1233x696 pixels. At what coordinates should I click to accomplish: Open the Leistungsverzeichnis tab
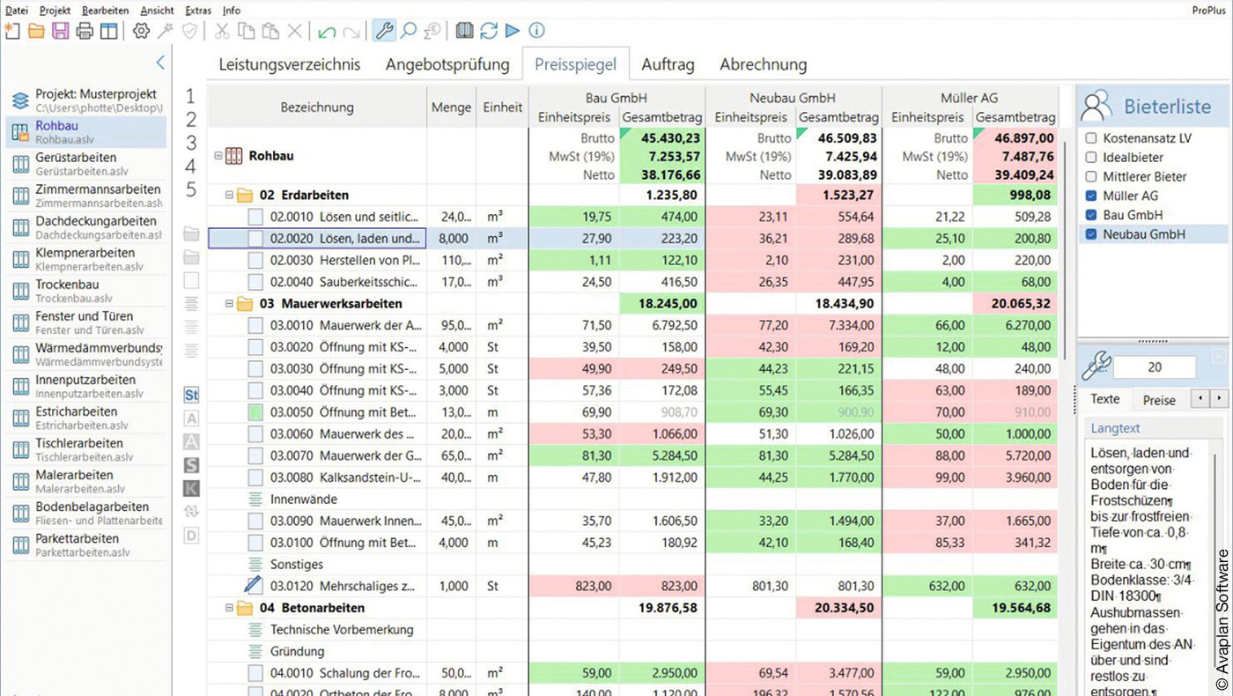290,64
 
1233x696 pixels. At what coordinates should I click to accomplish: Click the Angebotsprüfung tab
447,64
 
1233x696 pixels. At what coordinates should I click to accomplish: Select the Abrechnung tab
763,64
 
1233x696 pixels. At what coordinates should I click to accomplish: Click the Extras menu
198,11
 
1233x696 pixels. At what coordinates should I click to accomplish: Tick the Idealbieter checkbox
1092,157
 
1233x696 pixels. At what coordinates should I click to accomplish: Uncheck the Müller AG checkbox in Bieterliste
1092,196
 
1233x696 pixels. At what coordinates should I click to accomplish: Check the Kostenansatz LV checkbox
1092,138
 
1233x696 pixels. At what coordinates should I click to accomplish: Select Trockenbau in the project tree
67,285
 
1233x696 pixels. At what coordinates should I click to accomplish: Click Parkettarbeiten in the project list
78,539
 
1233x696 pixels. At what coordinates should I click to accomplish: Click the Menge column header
451,107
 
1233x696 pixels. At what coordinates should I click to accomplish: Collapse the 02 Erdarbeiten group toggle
229,196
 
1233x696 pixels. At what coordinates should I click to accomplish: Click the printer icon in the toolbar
85,32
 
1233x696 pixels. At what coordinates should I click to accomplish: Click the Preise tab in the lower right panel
1159,400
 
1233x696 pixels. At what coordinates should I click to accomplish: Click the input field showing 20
1155,367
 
